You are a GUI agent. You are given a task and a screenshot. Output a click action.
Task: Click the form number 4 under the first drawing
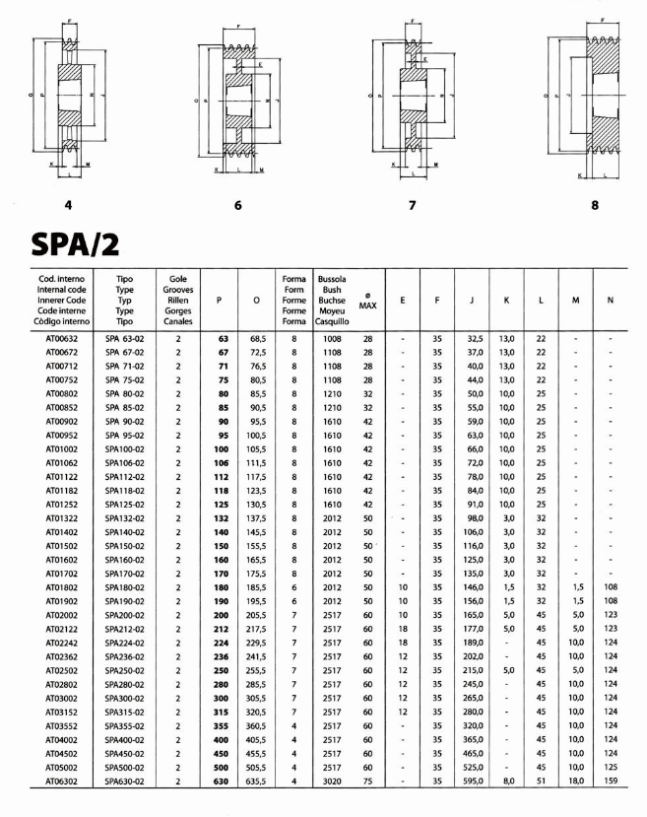[x=69, y=205]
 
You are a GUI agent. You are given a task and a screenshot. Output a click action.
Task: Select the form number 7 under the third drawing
[x=412, y=205]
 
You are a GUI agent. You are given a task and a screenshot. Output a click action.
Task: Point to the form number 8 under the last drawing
[x=596, y=205]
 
